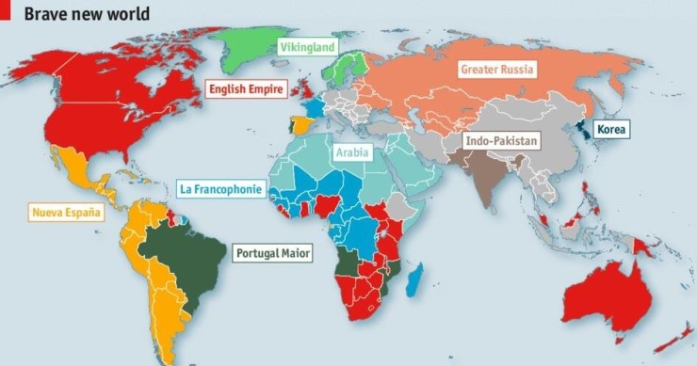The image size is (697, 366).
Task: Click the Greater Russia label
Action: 496,69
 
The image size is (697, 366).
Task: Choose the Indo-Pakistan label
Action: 502,141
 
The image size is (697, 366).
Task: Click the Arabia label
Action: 351,151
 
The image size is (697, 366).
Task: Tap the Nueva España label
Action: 65,212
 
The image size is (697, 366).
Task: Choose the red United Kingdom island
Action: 307,89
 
